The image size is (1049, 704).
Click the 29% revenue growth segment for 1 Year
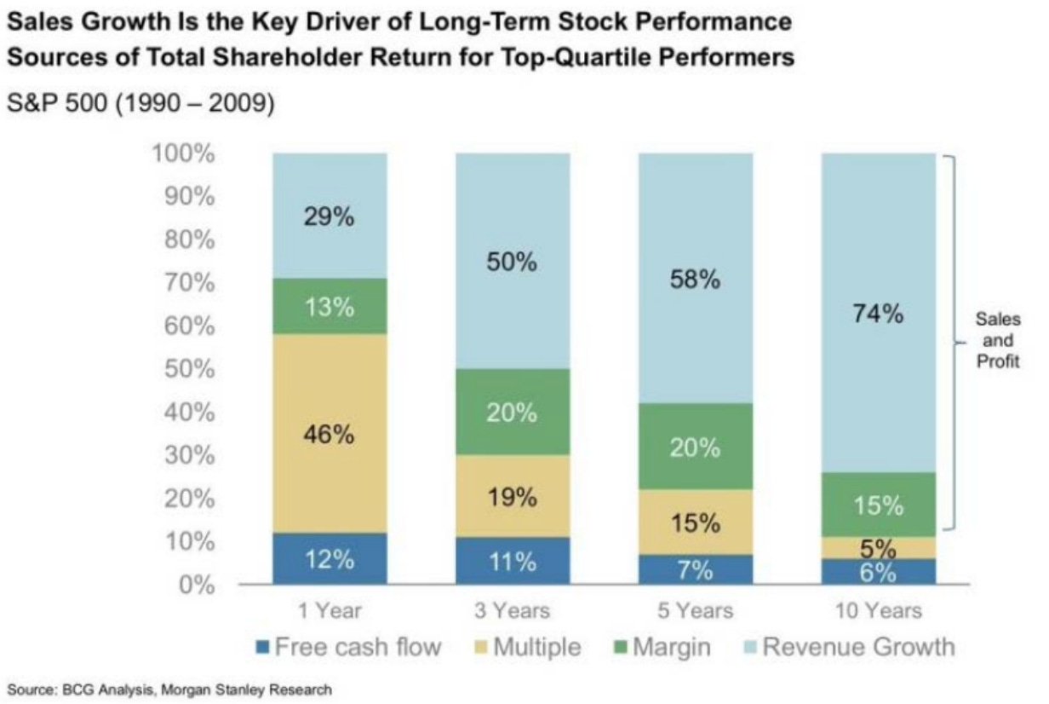[330, 216]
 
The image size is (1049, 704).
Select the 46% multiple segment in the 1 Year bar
[330, 433]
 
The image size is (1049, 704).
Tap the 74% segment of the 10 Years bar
[879, 313]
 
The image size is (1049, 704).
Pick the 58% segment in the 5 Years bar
[696, 278]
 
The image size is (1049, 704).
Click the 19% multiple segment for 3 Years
[513, 496]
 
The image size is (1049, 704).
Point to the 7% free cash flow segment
[696, 569]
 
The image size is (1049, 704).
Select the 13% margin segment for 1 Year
[330, 307]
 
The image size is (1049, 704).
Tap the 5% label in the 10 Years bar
[878, 548]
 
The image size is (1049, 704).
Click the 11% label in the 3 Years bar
[513, 562]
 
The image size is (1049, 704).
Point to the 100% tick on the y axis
[183, 153]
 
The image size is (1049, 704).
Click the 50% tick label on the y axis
[189, 369]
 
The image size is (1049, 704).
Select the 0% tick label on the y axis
[197, 585]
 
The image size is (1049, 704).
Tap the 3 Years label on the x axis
[513, 611]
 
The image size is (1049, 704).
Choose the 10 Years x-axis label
[879, 611]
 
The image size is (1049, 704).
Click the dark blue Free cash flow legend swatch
[263, 647]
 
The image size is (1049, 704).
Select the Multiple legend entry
[528, 647]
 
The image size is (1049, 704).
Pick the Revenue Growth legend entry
[850, 647]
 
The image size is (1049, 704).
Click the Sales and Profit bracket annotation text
[998, 340]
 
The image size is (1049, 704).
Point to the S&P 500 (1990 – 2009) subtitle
[140, 102]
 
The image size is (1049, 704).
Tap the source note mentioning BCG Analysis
[169, 690]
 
